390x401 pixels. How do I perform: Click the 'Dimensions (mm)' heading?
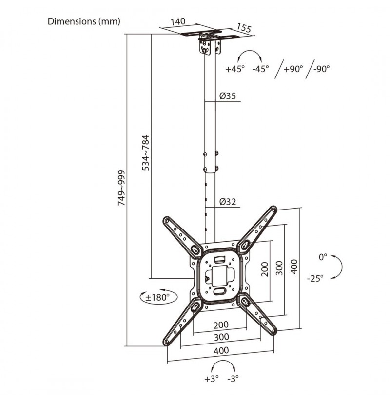pyautogui.click(x=84, y=21)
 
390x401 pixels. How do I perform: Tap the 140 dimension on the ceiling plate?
pyautogui.click(x=178, y=21)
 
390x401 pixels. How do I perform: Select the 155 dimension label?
pyautogui.click(x=244, y=28)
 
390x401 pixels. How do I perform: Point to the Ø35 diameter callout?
pyautogui.click(x=228, y=96)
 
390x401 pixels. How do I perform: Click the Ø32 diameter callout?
pyautogui.click(x=228, y=202)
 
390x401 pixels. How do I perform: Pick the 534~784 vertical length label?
pyautogui.click(x=146, y=153)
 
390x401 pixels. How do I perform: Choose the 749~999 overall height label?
pyautogui.click(x=121, y=188)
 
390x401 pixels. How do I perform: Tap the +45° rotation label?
pyautogui.click(x=235, y=69)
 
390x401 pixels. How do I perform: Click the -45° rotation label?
pyautogui.click(x=260, y=69)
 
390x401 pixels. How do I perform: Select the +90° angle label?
pyautogui.click(x=293, y=69)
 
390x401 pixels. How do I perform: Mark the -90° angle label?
pyautogui.click(x=321, y=69)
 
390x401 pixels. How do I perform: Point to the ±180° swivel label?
pyautogui.click(x=157, y=297)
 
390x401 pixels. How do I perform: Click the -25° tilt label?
pyautogui.click(x=315, y=278)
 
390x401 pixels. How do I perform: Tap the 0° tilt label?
pyautogui.click(x=323, y=257)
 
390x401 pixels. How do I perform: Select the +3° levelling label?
pyautogui.click(x=212, y=379)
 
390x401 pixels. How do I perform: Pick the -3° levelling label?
pyautogui.click(x=233, y=379)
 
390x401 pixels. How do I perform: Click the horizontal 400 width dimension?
pyautogui.click(x=221, y=350)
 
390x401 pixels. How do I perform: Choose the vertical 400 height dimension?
pyautogui.click(x=294, y=267)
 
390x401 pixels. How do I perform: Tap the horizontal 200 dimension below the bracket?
pyautogui.click(x=221, y=325)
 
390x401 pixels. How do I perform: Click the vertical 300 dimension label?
pyautogui.click(x=279, y=268)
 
